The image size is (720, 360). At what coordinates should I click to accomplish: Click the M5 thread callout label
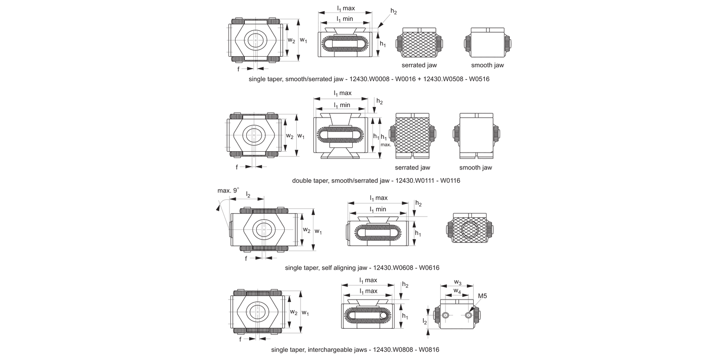pyautogui.click(x=482, y=296)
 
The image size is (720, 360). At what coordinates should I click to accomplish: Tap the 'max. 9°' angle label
pyautogui.click(x=228, y=191)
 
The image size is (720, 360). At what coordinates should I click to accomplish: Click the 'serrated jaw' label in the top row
pyautogui.click(x=419, y=65)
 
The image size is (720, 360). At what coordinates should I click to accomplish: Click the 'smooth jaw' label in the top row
pyautogui.click(x=487, y=65)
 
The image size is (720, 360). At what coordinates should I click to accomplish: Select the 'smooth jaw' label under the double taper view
pyautogui.click(x=475, y=168)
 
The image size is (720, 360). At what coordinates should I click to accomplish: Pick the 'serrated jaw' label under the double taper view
pyautogui.click(x=412, y=168)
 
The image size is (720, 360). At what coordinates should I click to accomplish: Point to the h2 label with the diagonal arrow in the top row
pyautogui.click(x=394, y=11)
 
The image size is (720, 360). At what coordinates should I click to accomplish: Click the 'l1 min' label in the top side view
pyautogui.click(x=344, y=19)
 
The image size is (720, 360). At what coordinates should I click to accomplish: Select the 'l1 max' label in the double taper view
pyautogui.click(x=343, y=93)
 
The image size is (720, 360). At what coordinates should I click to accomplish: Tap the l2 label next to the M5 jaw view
pyautogui.click(x=424, y=321)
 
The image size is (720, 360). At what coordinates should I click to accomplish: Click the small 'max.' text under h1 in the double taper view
pyautogui.click(x=385, y=144)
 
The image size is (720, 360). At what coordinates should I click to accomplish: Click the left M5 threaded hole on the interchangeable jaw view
pyautogui.click(x=446, y=315)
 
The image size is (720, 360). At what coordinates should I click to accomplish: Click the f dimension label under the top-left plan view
pyautogui.click(x=239, y=69)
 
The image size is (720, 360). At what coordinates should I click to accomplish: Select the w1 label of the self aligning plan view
pyautogui.click(x=318, y=231)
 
